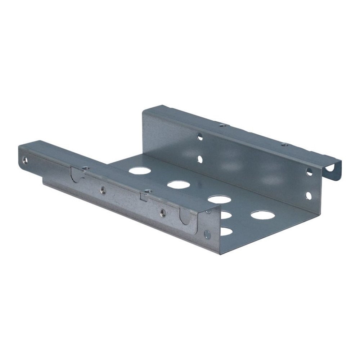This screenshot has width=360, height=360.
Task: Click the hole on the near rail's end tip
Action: tap(24, 159)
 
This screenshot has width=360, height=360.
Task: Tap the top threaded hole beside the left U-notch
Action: tap(85, 168)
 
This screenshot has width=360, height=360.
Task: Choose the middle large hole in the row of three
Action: tap(178, 185)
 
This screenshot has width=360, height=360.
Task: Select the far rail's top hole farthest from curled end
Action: tap(222, 126)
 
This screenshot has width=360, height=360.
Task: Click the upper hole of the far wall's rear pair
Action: tap(200, 137)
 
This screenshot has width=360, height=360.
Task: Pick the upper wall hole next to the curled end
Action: tap(309, 172)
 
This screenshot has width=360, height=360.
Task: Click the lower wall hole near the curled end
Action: tap(309, 195)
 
